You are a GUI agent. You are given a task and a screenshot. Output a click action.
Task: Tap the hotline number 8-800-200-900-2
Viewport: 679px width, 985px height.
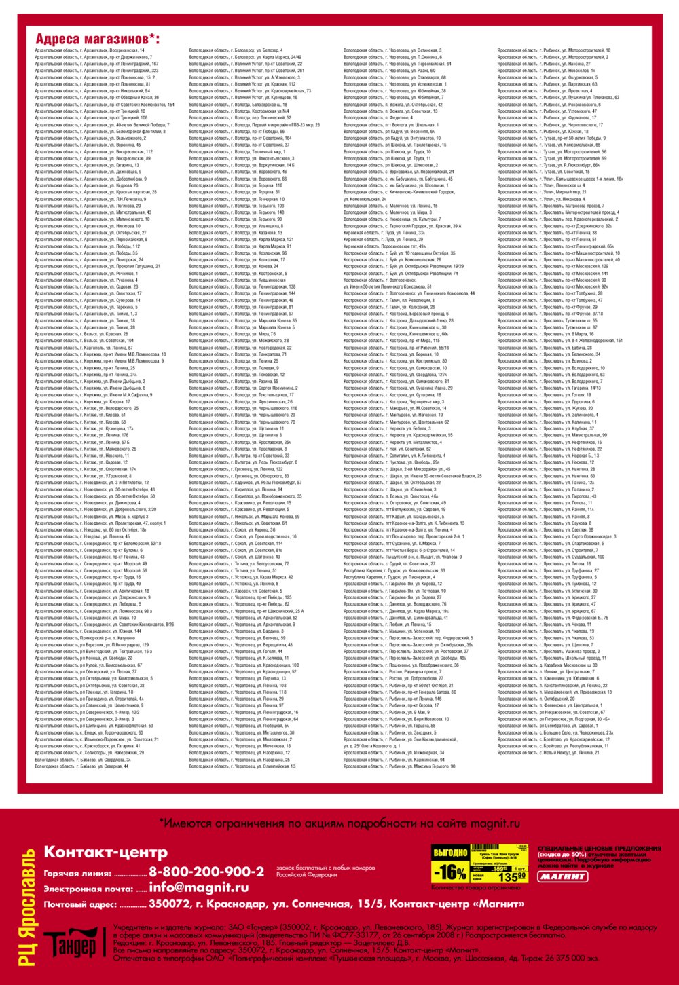click(206, 872)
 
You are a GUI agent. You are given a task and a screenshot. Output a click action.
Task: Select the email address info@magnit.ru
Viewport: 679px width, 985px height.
click(199, 887)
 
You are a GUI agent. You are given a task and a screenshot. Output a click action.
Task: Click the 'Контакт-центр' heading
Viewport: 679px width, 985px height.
click(105, 852)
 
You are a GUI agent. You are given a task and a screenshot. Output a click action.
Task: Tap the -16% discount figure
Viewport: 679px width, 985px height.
click(449, 872)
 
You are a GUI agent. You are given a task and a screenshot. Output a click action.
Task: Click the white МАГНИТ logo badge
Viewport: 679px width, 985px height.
click(563, 876)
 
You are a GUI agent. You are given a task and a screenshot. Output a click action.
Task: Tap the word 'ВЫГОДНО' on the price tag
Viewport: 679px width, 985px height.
click(450, 853)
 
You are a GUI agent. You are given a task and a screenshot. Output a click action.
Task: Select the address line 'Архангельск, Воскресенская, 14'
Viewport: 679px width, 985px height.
click(90, 50)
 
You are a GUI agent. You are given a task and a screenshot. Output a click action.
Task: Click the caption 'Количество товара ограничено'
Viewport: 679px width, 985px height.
click(466, 887)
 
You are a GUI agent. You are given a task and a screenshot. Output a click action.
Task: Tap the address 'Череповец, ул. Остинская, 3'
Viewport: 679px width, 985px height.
click(392, 50)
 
